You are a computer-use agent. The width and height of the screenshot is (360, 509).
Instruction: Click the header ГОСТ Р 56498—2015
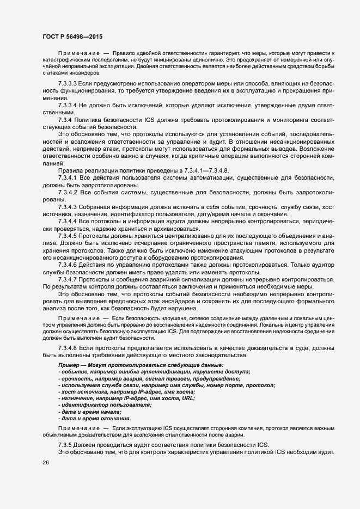[x=72, y=36]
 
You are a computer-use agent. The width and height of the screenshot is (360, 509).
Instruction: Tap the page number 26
[x=45, y=463]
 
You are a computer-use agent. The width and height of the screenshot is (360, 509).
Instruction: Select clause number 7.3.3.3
[x=68, y=83]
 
